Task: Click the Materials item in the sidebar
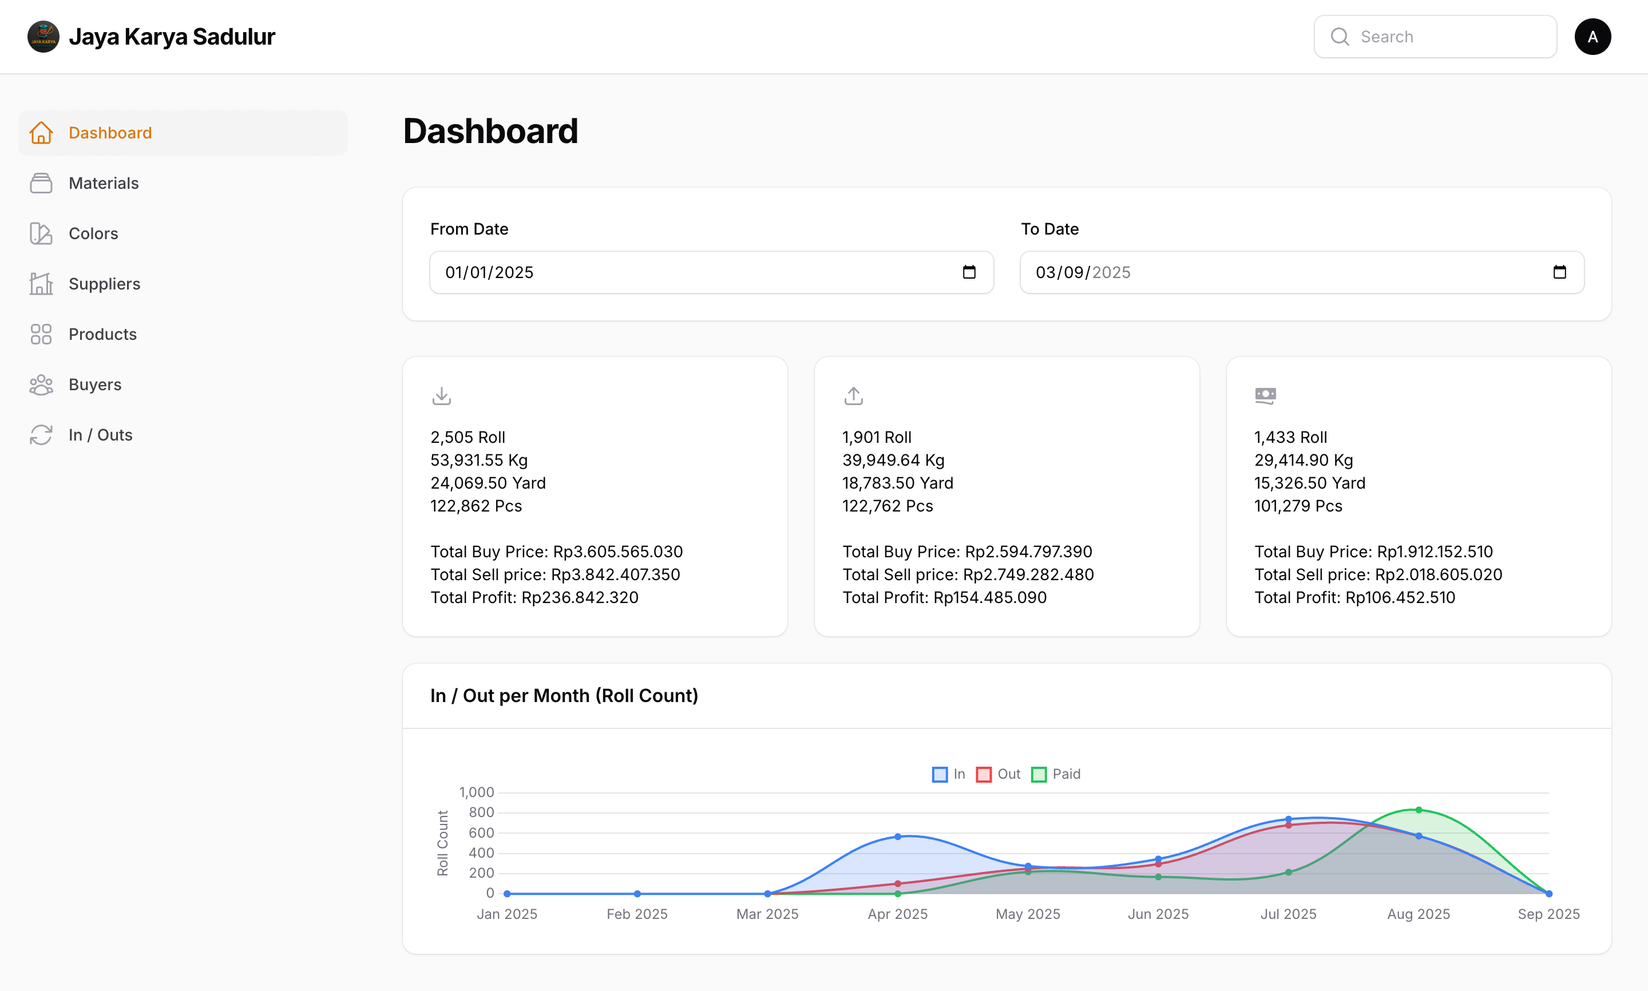point(104,183)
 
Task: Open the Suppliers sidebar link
point(104,284)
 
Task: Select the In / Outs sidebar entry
point(100,435)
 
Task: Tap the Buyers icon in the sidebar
point(41,384)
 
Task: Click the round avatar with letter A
point(1592,37)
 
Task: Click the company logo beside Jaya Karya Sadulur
point(43,37)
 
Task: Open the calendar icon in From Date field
point(969,272)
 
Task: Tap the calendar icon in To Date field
point(1559,272)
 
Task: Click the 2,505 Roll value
point(468,437)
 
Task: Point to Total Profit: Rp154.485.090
point(944,598)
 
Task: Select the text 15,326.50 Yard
point(1309,483)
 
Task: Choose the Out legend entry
point(999,774)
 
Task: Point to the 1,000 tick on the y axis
point(476,792)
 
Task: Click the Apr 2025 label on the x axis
point(897,914)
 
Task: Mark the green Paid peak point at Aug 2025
point(1419,810)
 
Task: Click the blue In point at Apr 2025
point(897,836)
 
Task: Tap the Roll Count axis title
point(443,843)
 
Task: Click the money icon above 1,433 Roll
point(1265,395)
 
